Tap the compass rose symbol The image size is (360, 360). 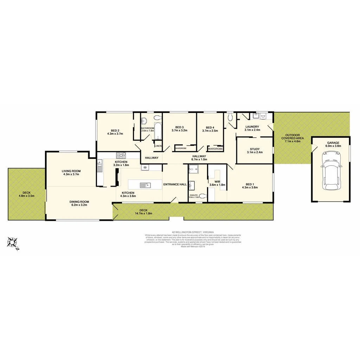(x=13, y=243)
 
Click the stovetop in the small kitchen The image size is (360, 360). (x=121, y=155)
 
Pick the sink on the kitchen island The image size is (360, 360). (x=144, y=185)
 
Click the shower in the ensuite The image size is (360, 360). (x=193, y=170)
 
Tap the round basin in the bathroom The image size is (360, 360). (x=144, y=121)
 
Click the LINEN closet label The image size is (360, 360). (x=158, y=146)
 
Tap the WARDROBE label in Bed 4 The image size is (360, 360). (x=215, y=149)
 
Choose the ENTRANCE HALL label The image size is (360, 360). (x=175, y=185)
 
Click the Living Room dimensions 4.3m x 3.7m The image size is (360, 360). (x=71, y=174)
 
